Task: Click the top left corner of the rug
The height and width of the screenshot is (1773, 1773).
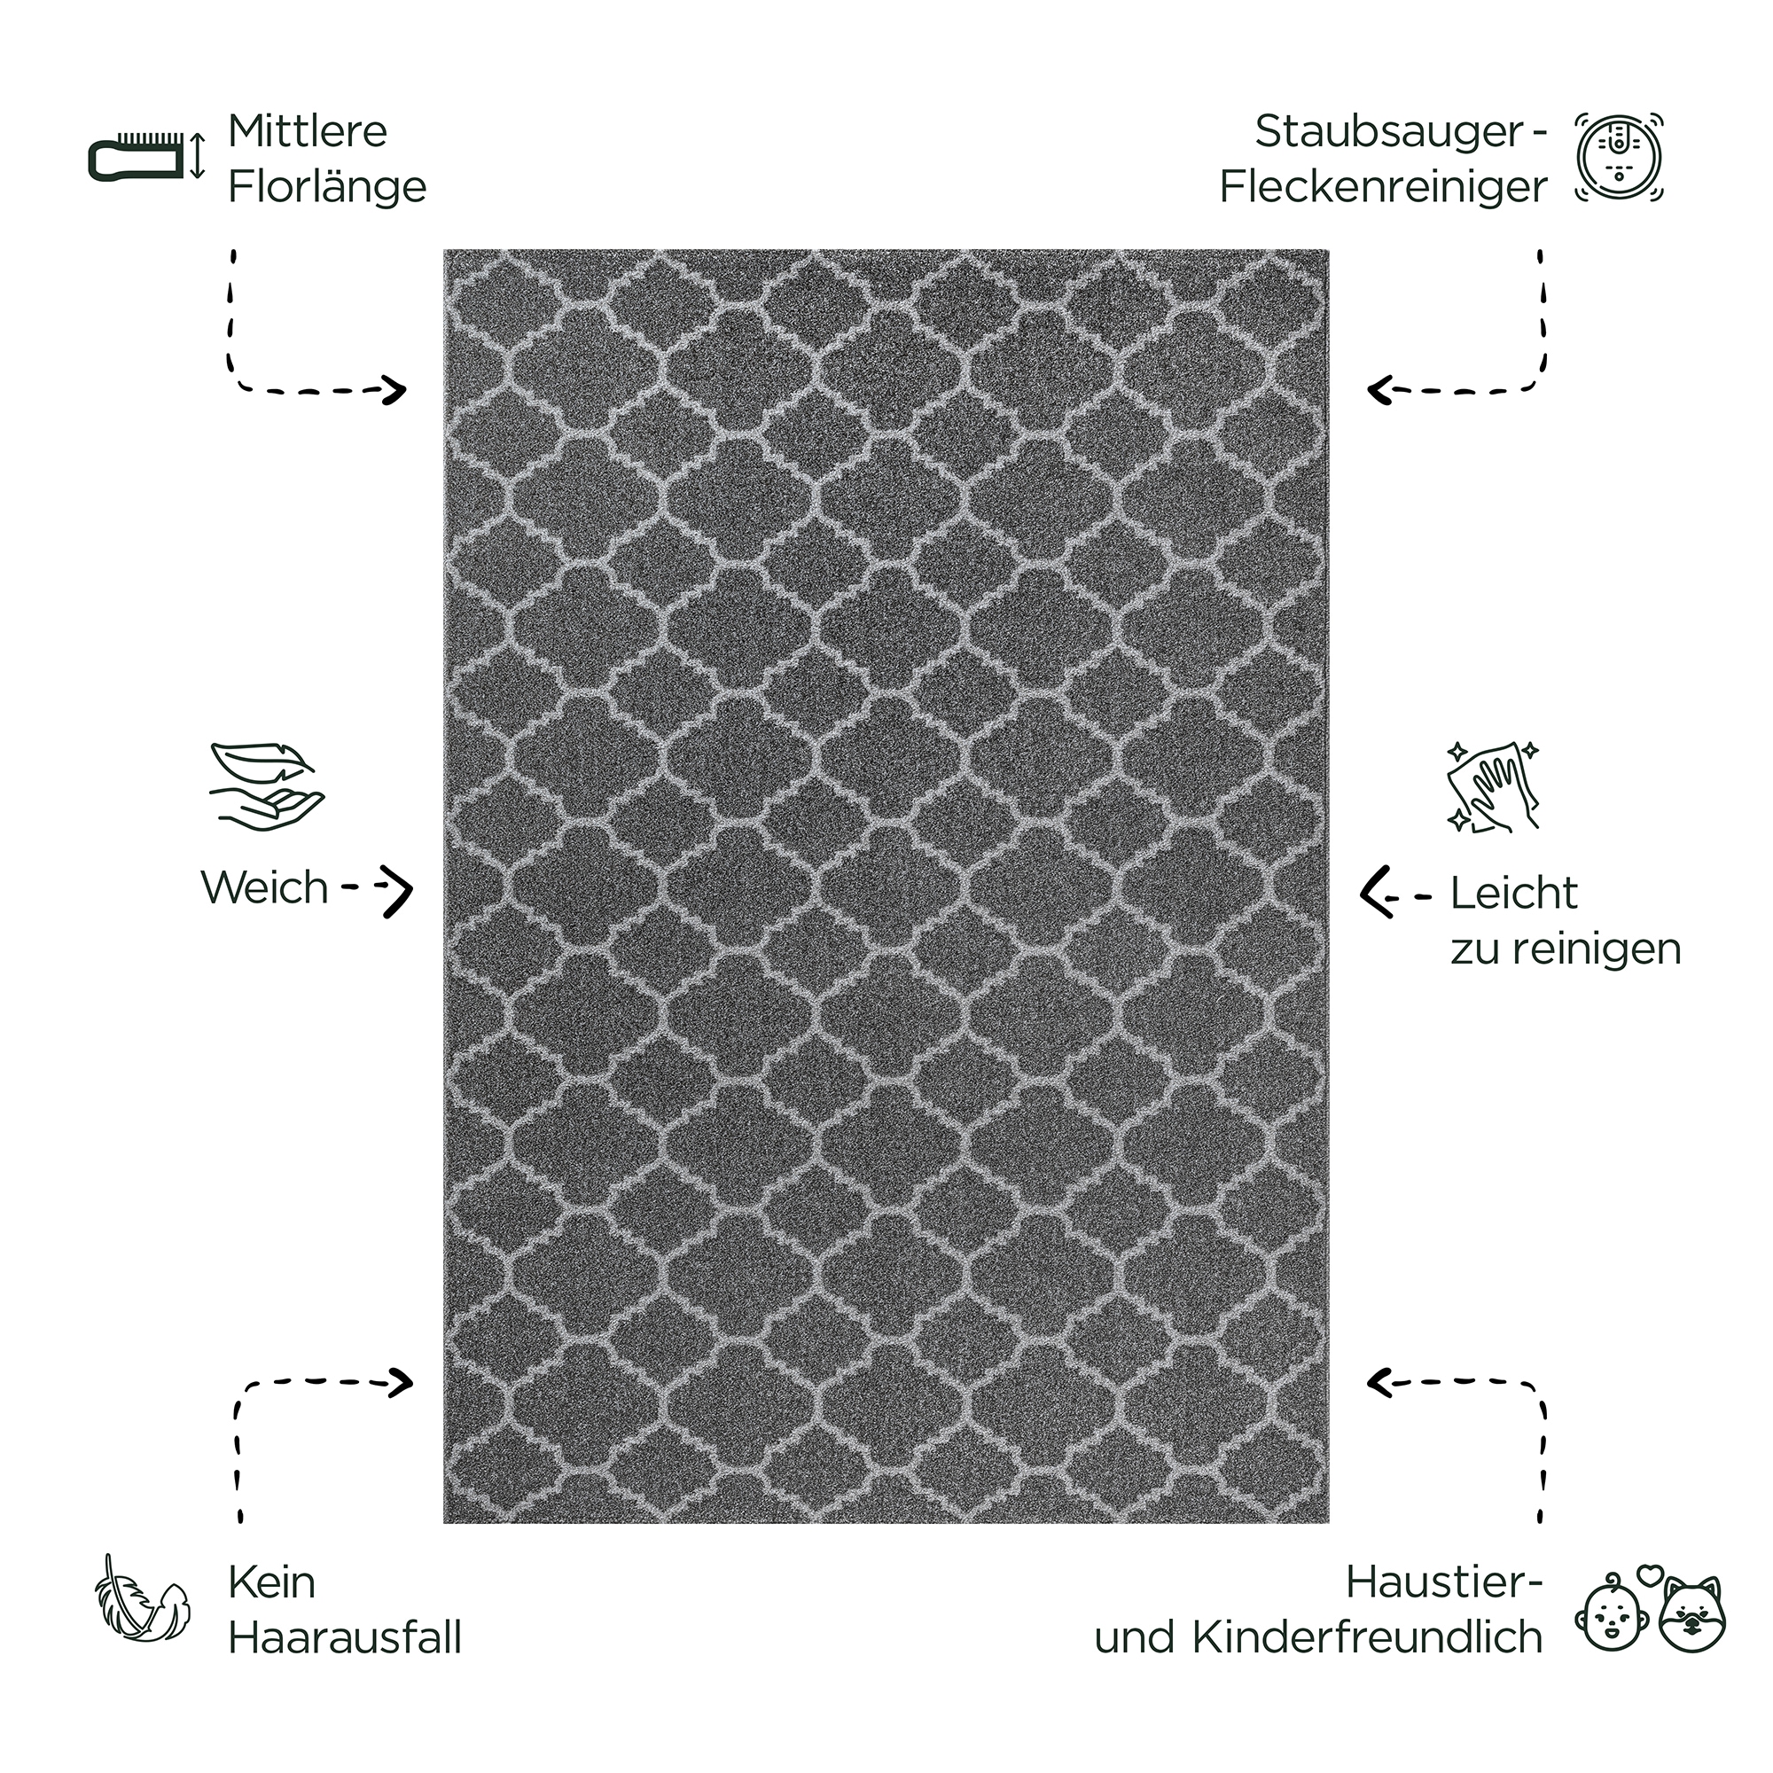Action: (x=444, y=250)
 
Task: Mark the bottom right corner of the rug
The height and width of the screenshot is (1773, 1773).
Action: (x=1329, y=1523)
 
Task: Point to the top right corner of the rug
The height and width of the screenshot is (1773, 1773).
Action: (x=1329, y=250)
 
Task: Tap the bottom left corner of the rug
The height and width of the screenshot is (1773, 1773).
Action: (x=444, y=1523)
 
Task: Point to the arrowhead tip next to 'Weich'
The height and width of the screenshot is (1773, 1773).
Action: (x=412, y=889)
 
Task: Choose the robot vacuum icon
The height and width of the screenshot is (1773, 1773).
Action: (x=1620, y=157)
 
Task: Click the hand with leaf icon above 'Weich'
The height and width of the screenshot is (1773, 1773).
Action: (x=266, y=786)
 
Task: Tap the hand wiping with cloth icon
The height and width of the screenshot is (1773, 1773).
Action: (x=1492, y=788)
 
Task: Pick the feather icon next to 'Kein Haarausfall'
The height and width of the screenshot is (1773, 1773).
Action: (x=143, y=1611)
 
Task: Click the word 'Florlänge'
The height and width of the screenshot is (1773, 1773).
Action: (x=327, y=187)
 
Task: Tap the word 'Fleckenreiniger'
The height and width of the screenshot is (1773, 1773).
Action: (x=1383, y=187)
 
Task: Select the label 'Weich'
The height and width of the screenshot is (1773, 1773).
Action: (x=264, y=887)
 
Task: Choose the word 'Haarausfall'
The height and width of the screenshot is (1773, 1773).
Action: (x=344, y=1638)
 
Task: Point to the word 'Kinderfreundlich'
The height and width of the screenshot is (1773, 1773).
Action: (x=1367, y=1638)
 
